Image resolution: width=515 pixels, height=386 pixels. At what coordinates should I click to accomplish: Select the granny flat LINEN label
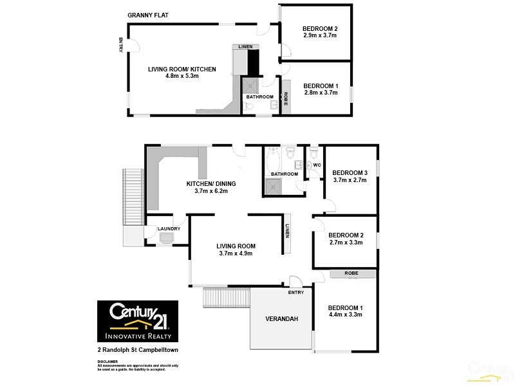(x=245, y=47)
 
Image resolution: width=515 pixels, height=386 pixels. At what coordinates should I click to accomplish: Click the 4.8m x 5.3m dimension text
(x=182, y=76)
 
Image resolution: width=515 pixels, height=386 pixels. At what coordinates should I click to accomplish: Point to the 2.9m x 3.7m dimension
(x=320, y=35)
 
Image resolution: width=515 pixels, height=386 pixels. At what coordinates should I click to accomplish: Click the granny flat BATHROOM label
(x=260, y=97)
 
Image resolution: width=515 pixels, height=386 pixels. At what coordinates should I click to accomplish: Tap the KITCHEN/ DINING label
(x=207, y=183)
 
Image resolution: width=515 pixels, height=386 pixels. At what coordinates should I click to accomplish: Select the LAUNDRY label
(x=169, y=228)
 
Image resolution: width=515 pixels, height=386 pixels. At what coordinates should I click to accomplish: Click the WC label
(x=316, y=165)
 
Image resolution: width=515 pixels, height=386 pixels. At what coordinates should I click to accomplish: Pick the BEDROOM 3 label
(x=350, y=172)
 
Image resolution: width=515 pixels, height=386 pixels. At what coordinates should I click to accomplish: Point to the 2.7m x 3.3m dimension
(x=346, y=243)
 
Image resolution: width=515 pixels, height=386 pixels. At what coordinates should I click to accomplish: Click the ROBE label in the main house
(x=351, y=273)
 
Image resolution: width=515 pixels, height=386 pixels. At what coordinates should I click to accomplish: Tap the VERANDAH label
(x=282, y=319)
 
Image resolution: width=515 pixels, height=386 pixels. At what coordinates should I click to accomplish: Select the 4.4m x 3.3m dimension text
(x=345, y=315)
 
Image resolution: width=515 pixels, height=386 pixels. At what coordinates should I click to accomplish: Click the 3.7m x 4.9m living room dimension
(x=236, y=253)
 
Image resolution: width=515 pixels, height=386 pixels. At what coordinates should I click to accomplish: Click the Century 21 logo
(x=137, y=320)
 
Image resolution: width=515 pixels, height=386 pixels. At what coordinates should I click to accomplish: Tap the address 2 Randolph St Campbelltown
(x=137, y=350)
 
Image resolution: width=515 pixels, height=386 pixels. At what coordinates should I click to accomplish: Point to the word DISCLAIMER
(x=108, y=362)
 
